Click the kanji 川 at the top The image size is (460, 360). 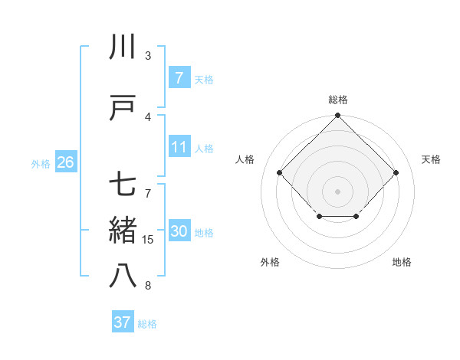coord(123,47)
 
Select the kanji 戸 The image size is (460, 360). coord(123,108)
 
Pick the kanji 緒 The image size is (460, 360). coord(123,231)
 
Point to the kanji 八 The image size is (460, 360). coord(123,276)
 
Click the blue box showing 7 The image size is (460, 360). coord(179,78)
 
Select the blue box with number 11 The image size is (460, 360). coord(179,147)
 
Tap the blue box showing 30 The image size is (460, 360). coord(179,232)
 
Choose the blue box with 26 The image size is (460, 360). coord(65,162)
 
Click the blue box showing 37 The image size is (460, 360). coord(123,322)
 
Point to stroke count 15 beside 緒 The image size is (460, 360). coord(148,240)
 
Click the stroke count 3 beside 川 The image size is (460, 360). coord(148,56)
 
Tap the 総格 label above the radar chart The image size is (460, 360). coord(338,100)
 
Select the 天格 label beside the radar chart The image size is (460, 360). coord(432,159)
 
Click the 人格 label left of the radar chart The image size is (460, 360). coord(245,159)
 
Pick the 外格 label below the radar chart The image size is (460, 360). coord(270,262)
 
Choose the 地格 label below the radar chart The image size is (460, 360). coord(402,262)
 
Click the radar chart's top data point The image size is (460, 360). coord(338,116)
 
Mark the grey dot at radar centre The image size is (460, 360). coord(338,191)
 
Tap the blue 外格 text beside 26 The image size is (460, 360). coord(41,163)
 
